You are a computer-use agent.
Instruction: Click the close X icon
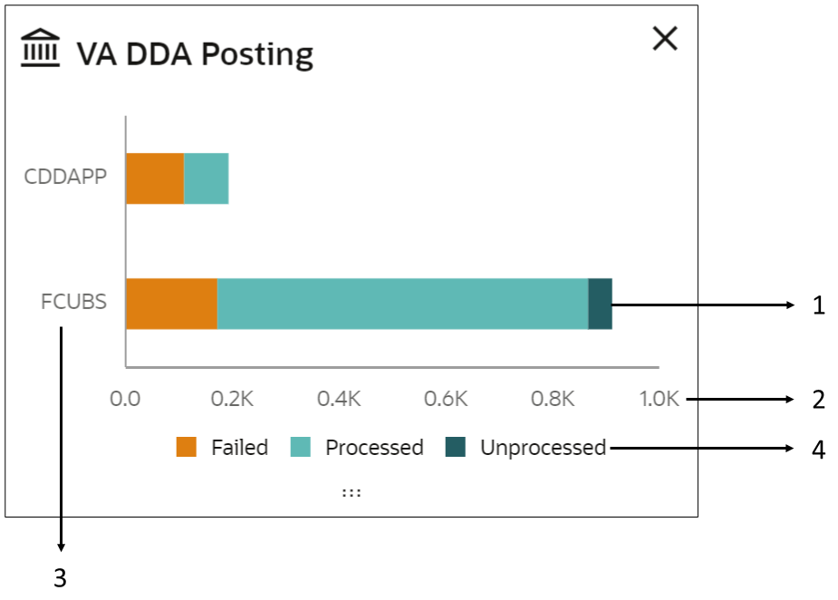click(665, 38)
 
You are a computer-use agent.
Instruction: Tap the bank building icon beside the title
click(40, 49)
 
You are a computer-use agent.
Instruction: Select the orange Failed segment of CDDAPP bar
click(155, 179)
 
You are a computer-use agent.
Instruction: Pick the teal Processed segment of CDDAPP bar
click(207, 179)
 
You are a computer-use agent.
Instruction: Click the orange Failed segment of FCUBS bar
click(171, 304)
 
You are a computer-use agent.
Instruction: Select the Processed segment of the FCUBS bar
click(402, 304)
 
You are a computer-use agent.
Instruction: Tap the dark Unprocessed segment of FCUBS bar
click(600, 304)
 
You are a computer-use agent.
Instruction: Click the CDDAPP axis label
click(65, 176)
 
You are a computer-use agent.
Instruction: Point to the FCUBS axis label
click(73, 302)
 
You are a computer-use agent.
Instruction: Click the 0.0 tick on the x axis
click(124, 399)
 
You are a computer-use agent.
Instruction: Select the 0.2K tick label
click(231, 399)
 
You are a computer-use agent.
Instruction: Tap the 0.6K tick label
click(445, 399)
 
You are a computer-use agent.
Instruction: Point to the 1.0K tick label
click(659, 399)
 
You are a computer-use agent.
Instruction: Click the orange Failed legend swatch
click(187, 448)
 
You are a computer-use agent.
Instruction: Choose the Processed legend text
click(374, 448)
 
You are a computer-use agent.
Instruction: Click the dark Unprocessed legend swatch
click(455, 448)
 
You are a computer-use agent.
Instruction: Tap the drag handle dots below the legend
click(352, 491)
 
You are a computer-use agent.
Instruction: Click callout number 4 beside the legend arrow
click(818, 450)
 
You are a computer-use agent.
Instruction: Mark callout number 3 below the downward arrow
click(60, 578)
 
